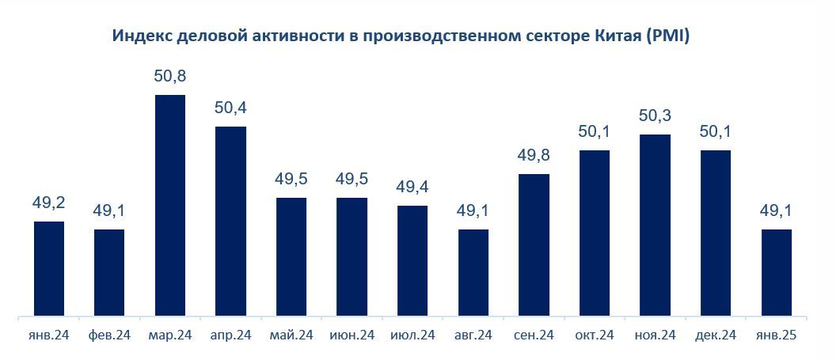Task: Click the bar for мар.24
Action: pos(170,207)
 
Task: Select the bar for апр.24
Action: pos(230,222)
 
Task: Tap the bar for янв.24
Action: pos(49,270)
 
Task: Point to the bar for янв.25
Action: pos(777,274)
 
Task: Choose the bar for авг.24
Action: pos(473,274)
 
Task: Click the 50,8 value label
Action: pos(170,77)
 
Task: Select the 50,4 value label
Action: pos(230,108)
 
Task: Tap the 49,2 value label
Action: pos(49,203)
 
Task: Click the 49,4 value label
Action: pos(412,188)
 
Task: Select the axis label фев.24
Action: pos(109,335)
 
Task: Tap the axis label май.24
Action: pos(291,335)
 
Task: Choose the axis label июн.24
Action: pos(352,335)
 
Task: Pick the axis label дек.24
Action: pos(716,335)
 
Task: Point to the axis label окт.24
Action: pos(595,335)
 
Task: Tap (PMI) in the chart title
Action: pos(670,36)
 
